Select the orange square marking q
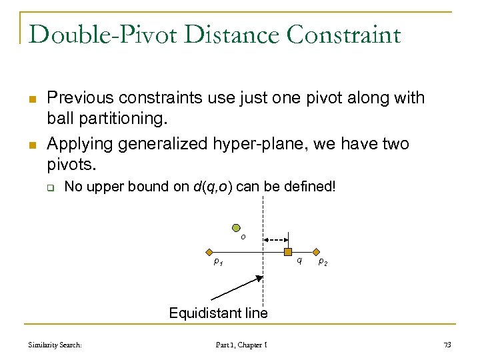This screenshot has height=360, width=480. click(x=288, y=252)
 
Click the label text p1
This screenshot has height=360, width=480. click(x=217, y=263)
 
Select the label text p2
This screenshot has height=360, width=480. click(x=322, y=262)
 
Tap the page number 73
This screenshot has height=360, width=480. click(x=447, y=345)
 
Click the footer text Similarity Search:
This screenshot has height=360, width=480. click(x=55, y=345)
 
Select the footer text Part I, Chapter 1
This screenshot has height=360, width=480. click(x=242, y=345)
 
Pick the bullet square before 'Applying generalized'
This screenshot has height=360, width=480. click(x=32, y=145)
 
